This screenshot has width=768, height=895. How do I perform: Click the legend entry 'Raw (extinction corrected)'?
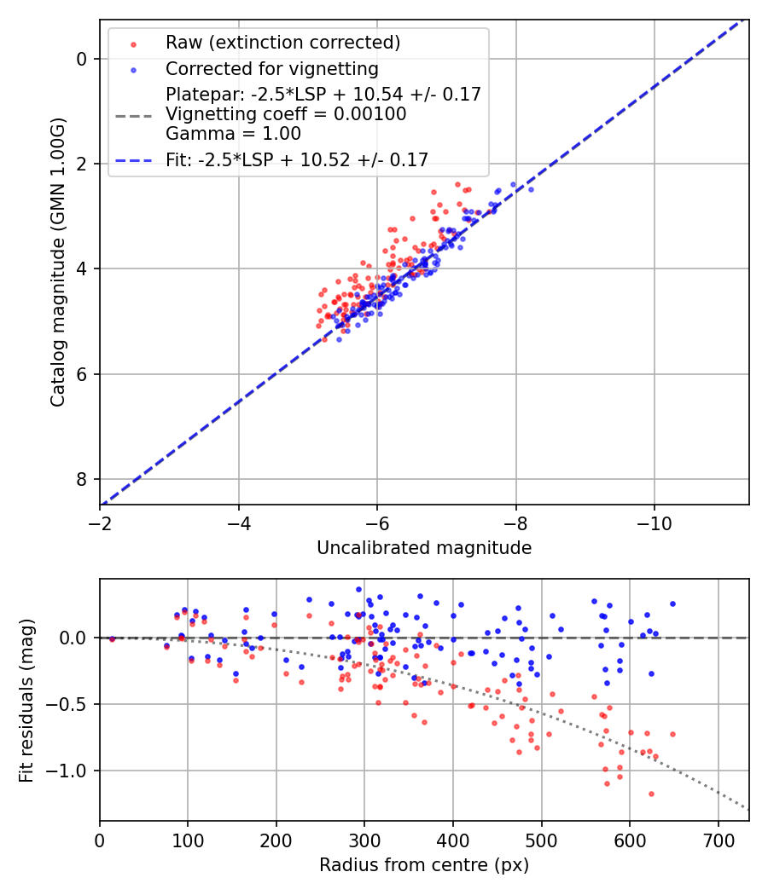point(282,43)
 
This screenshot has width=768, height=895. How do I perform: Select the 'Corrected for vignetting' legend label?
point(271,68)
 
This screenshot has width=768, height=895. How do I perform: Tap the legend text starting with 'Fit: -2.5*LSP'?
point(297,159)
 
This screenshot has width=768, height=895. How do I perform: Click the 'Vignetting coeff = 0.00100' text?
point(286,114)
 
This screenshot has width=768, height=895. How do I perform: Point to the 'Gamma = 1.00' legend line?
point(233,134)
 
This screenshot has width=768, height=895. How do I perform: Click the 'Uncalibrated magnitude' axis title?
point(424,548)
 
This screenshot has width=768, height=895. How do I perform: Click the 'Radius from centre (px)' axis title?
point(424,865)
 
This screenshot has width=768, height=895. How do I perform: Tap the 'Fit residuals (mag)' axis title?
point(26,699)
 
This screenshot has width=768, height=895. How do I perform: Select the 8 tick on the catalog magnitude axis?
point(82,479)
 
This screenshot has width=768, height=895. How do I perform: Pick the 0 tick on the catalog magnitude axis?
point(82,59)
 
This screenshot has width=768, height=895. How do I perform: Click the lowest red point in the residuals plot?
point(651,794)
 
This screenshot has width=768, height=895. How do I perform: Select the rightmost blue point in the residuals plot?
point(672,603)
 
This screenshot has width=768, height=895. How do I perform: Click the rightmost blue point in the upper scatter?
point(531,189)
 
